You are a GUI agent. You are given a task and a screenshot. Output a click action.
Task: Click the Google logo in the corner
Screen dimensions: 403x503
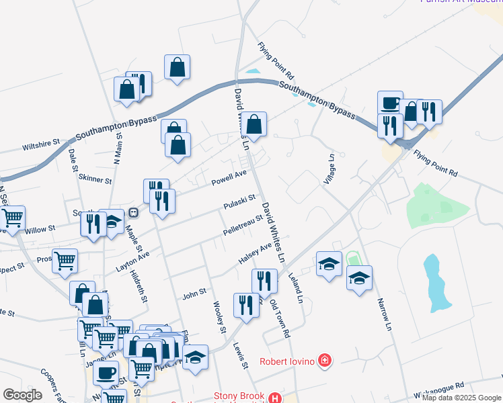click(x=22, y=395)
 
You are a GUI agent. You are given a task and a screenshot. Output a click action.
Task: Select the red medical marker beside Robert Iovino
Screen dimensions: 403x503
click(x=325, y=361)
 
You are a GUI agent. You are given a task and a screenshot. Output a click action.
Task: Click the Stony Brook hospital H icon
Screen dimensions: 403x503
click(x=274, y=398)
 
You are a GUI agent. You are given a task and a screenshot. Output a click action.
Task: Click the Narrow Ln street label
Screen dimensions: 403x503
click(x=384, y=314)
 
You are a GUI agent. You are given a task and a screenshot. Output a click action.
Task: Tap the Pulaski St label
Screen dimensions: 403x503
click(x=240, y=201)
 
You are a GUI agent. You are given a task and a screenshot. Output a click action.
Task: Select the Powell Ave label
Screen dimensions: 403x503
click(x=229, y=179)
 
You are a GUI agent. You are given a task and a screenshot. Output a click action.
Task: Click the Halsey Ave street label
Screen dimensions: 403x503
click(x=255, y=253)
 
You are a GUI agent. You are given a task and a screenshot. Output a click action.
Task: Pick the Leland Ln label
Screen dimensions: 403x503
click(x=296, y=286)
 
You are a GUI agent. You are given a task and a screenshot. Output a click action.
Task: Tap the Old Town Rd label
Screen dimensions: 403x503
click(x=279, y=318)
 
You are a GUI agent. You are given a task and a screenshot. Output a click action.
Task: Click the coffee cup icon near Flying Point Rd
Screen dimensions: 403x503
click(x=390, y=103)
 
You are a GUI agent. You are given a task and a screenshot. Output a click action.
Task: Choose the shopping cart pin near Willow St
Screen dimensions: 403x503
click(x=12, y=218)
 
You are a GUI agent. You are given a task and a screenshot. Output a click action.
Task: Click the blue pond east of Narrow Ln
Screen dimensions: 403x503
click(x=436, y=281)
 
